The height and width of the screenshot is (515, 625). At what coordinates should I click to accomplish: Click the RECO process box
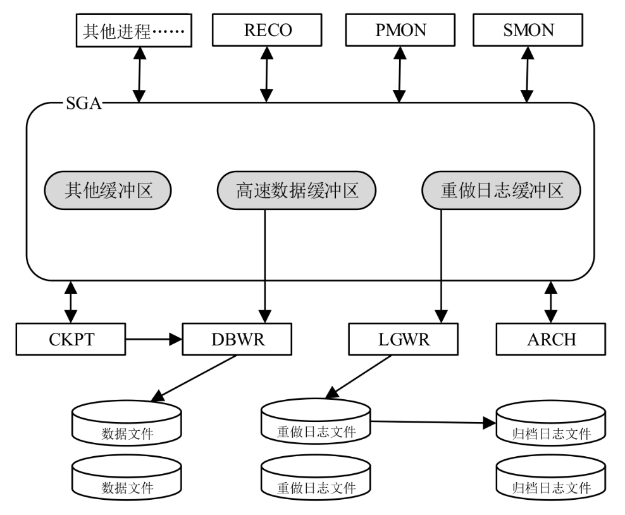(267, 30)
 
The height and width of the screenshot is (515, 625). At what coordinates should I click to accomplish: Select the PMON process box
(400, 30)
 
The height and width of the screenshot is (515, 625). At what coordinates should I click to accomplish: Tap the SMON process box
(528, 30)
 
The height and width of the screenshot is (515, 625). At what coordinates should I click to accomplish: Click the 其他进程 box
(134, 30)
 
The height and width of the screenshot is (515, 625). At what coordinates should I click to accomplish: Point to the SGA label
(84, 103)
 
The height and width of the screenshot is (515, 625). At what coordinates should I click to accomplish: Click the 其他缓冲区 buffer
(108, 190)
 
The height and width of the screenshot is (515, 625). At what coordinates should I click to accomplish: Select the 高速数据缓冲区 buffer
(297, 190)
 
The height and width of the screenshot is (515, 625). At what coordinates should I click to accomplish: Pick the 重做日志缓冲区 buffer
(501, 190)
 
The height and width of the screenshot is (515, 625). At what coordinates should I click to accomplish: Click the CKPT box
(71, 339)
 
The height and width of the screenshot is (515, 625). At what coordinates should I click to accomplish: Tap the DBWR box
(237, 339)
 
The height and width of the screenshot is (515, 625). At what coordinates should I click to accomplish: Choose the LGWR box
(404, 339)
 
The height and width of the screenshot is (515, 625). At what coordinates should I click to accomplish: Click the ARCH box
(551, 339)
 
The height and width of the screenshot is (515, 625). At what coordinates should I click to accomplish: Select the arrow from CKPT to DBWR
(154, 339)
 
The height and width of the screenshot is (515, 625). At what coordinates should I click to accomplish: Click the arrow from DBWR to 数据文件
(194, 378)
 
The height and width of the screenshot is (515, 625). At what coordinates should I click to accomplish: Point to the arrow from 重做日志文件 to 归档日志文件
(433, 422)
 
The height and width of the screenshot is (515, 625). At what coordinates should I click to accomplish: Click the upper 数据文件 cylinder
(127, 423)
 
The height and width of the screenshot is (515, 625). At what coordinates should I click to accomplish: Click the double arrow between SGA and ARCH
(551, 302)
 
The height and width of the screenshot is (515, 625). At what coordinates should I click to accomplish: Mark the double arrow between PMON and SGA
(399, 75)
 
